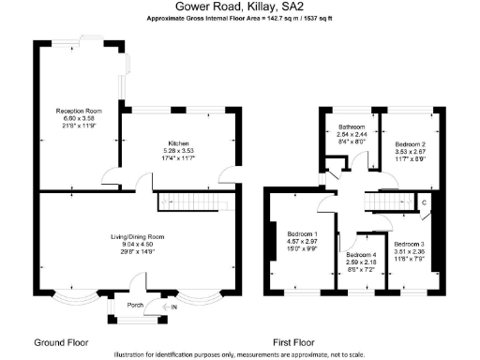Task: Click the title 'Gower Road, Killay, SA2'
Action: point(239,7)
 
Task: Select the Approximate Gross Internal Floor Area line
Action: point(239,19)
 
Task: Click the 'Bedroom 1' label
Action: point(302,232)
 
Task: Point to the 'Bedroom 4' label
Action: point(360,255)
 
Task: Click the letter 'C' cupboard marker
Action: point(424,202)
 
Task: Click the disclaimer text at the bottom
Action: point(239,354)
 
